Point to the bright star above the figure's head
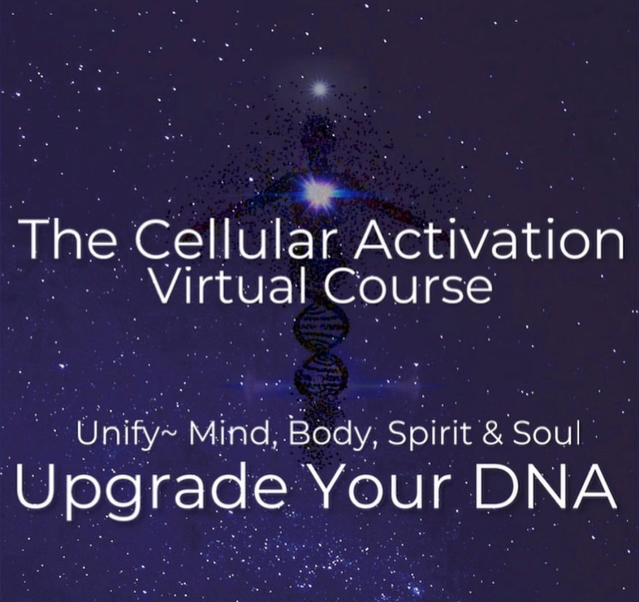319,90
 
